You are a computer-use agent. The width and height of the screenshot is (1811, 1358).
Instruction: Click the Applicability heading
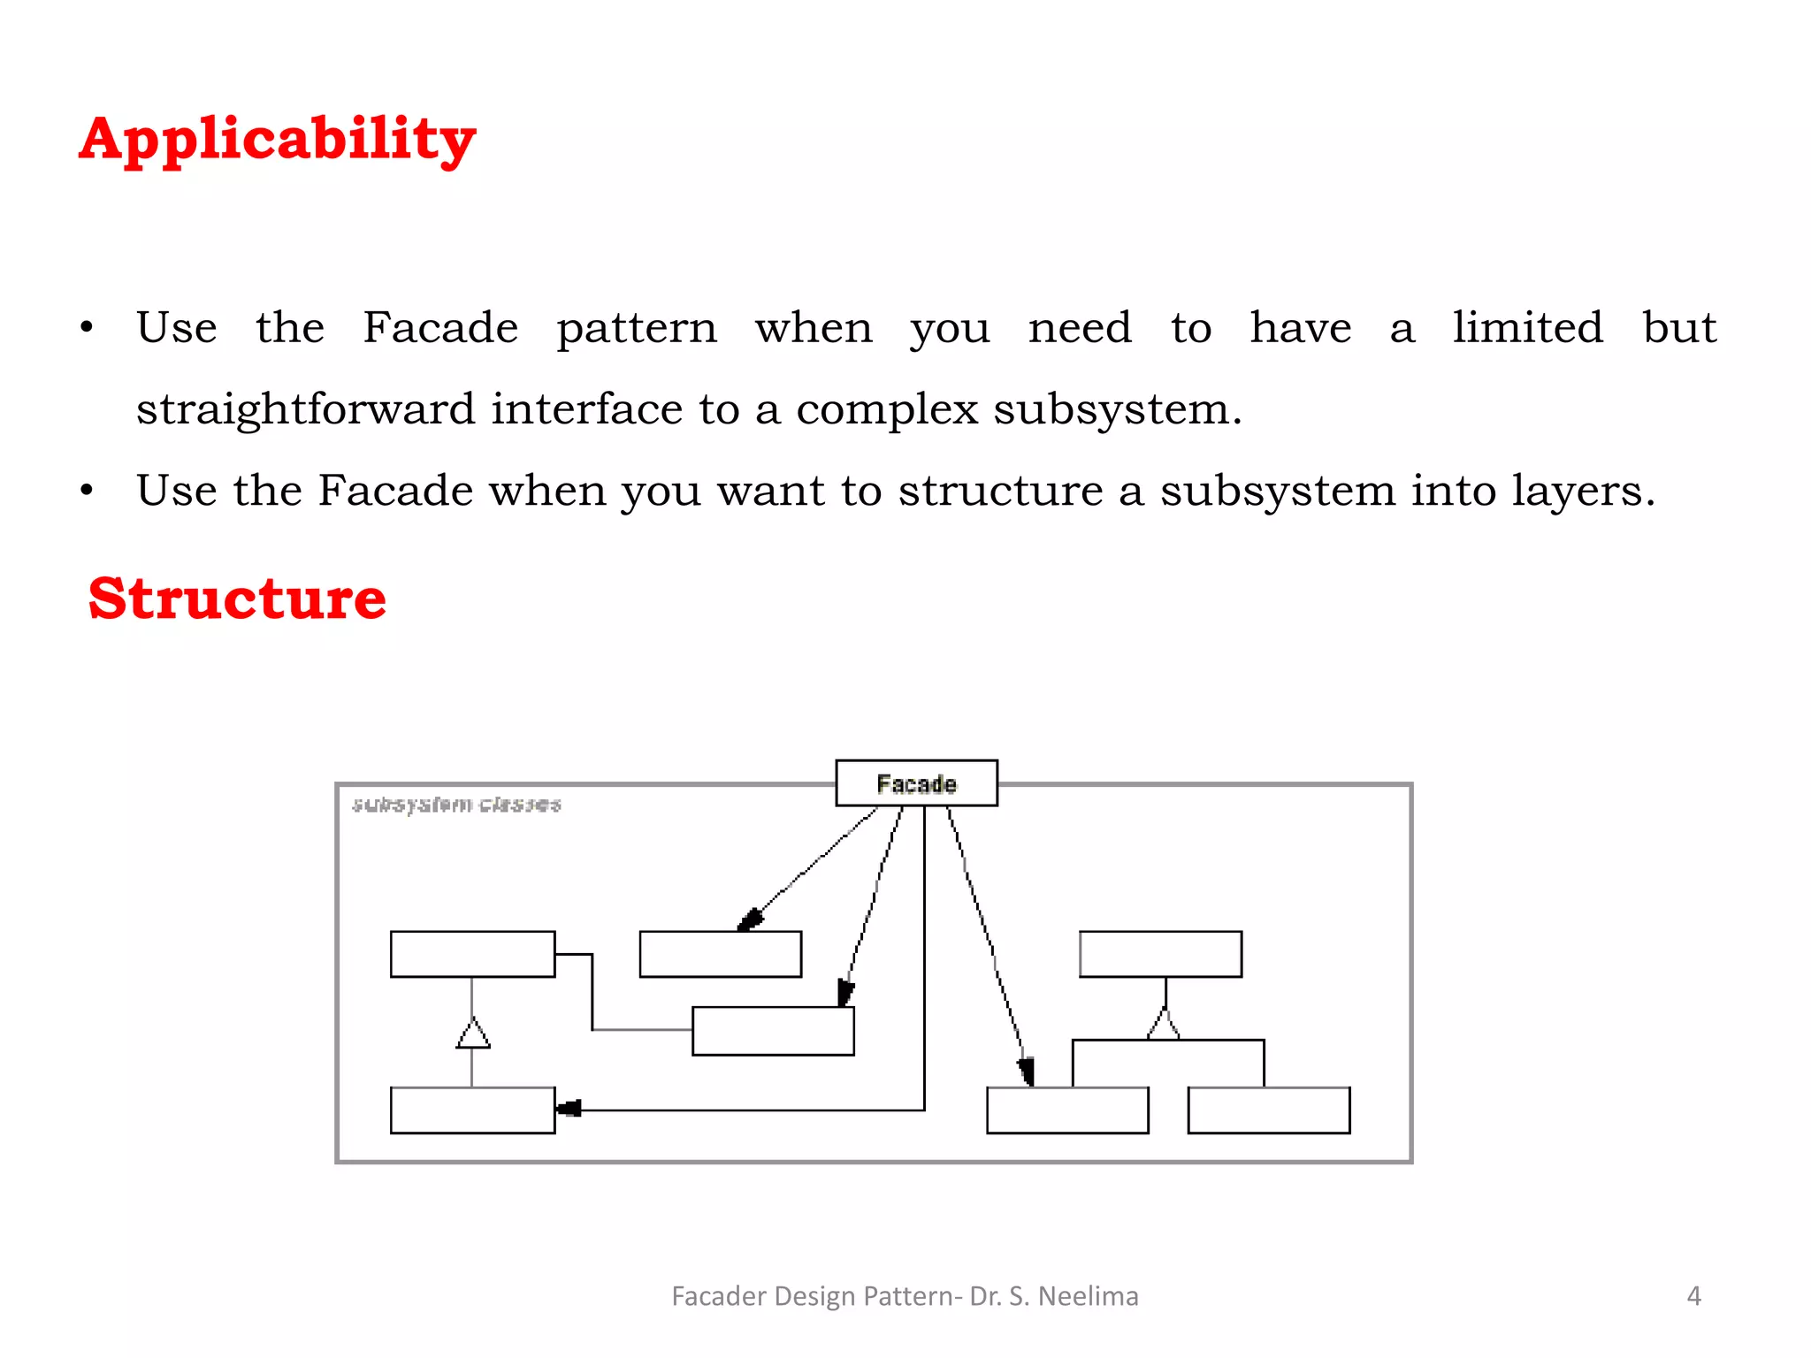point(277,140)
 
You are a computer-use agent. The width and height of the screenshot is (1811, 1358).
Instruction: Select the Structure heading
point(237,599)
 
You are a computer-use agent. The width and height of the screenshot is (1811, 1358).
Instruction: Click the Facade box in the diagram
point(916,783)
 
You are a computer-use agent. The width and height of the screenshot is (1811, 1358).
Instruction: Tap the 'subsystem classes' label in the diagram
point(456,804)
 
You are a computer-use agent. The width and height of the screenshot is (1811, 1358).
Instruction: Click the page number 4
point(1693,1296)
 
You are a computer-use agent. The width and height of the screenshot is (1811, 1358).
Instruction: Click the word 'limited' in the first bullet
point(1527,328)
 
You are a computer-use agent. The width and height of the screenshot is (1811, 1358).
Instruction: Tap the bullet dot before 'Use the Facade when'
point(86,491)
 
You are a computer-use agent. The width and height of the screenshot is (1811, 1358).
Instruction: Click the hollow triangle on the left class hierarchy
point(473,1034)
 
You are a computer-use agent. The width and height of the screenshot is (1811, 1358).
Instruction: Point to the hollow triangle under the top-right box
point(1164,1026)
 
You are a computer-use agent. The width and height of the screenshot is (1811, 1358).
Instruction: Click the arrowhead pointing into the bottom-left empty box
point(569,1109)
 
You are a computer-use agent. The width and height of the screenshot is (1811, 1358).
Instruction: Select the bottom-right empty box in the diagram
point(1268,1110)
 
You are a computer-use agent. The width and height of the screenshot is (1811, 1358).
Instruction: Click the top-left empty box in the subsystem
point(472,954)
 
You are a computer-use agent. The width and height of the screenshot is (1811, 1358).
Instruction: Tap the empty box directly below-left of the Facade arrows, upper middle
point(720,954)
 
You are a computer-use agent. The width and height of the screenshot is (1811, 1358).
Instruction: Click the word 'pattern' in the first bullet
point(637,328)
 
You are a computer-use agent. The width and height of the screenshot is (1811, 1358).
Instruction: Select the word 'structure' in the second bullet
point(1000,491)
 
